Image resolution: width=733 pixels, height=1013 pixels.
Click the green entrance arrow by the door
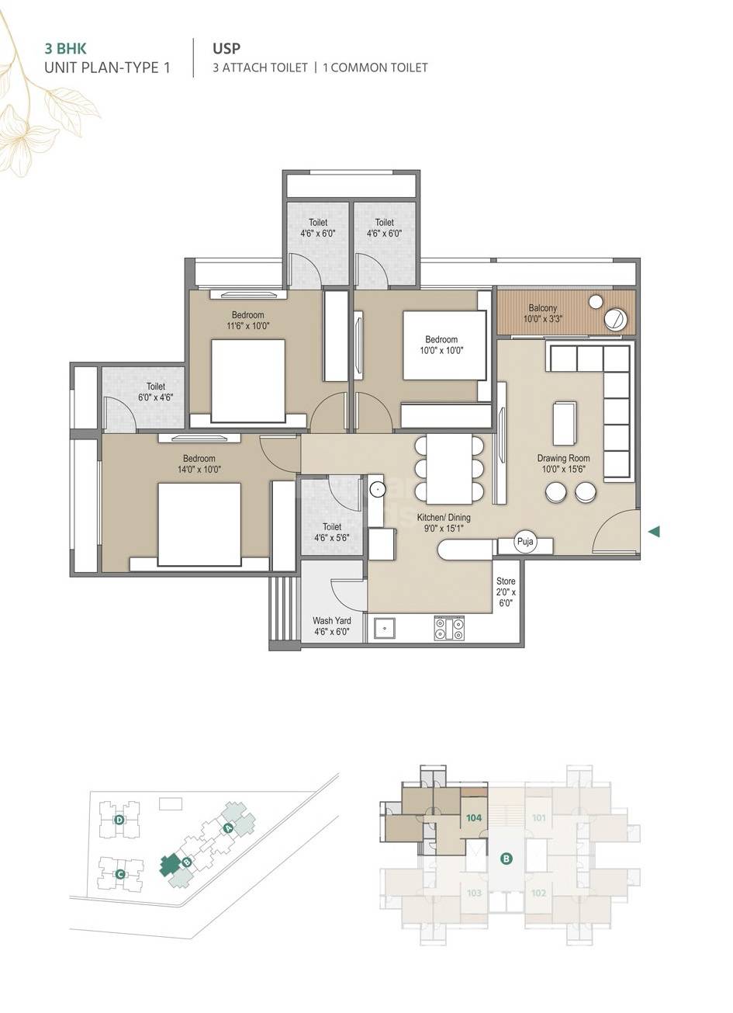click(654, 532)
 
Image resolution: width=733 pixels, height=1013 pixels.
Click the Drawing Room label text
click(563, 463)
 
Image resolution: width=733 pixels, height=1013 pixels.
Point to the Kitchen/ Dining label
click(444, 522)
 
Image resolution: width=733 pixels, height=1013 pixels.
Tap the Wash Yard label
click(331, 626)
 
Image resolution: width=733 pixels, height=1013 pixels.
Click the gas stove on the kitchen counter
click(449, 628)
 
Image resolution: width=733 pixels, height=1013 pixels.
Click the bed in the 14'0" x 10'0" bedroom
click(199, 524)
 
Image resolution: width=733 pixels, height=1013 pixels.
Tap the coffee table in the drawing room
click(564, 424)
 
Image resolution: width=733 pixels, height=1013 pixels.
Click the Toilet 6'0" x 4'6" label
click(155, 391)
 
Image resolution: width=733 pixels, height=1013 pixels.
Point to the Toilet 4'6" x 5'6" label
click(331, 531)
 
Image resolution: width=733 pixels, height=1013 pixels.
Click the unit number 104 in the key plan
click(474, 817)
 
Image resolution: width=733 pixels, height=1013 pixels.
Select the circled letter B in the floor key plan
click(506, 859)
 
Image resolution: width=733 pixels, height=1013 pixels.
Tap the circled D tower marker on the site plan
click(119, 820)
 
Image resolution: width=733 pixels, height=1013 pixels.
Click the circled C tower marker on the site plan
click(119, 875)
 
